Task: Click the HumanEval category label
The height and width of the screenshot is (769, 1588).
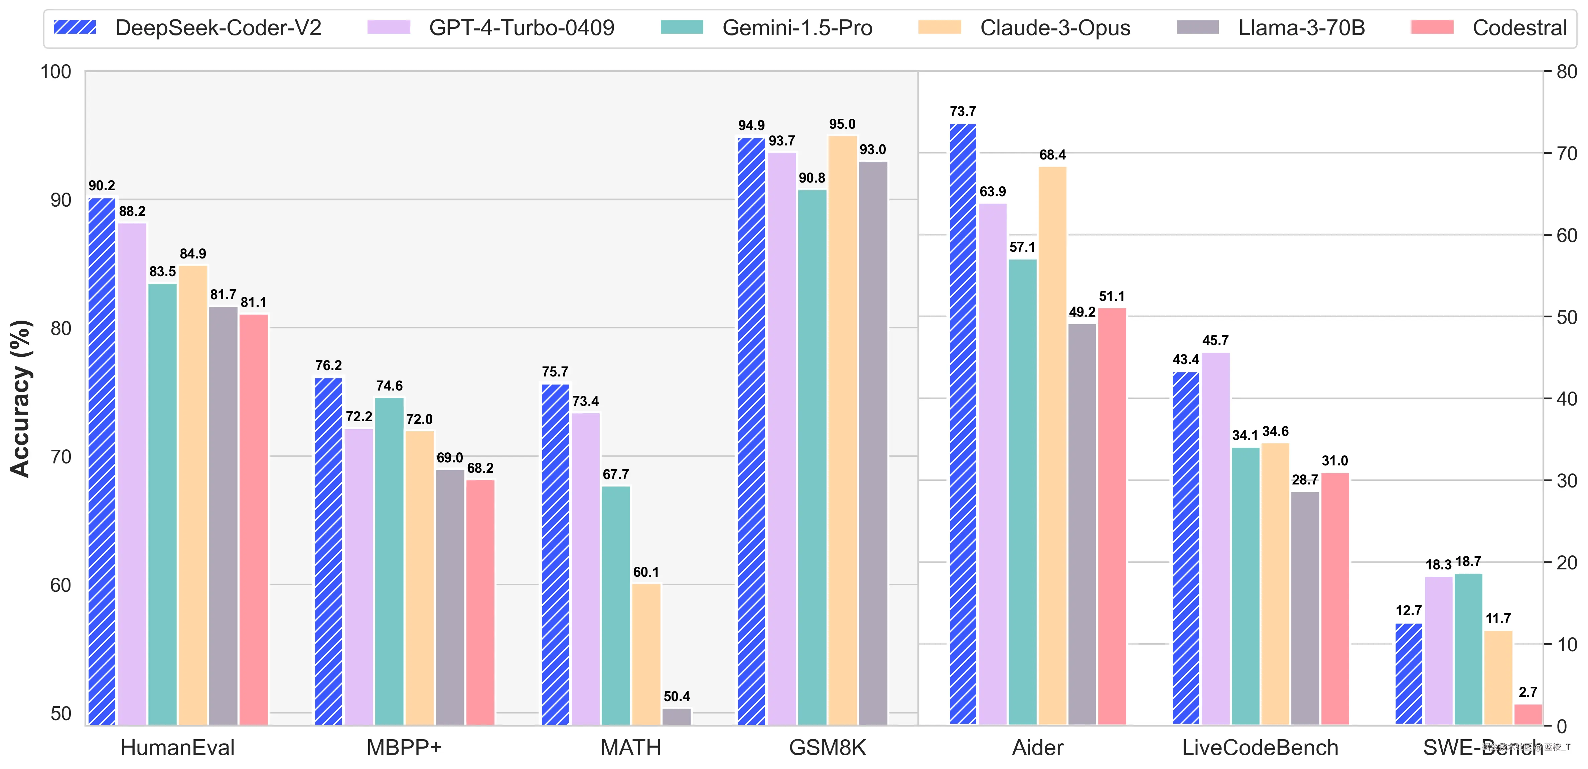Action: (177, 747)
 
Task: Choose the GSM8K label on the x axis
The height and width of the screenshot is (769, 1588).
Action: (827, 747)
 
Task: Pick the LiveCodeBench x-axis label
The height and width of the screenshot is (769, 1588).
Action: (1260, 747)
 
